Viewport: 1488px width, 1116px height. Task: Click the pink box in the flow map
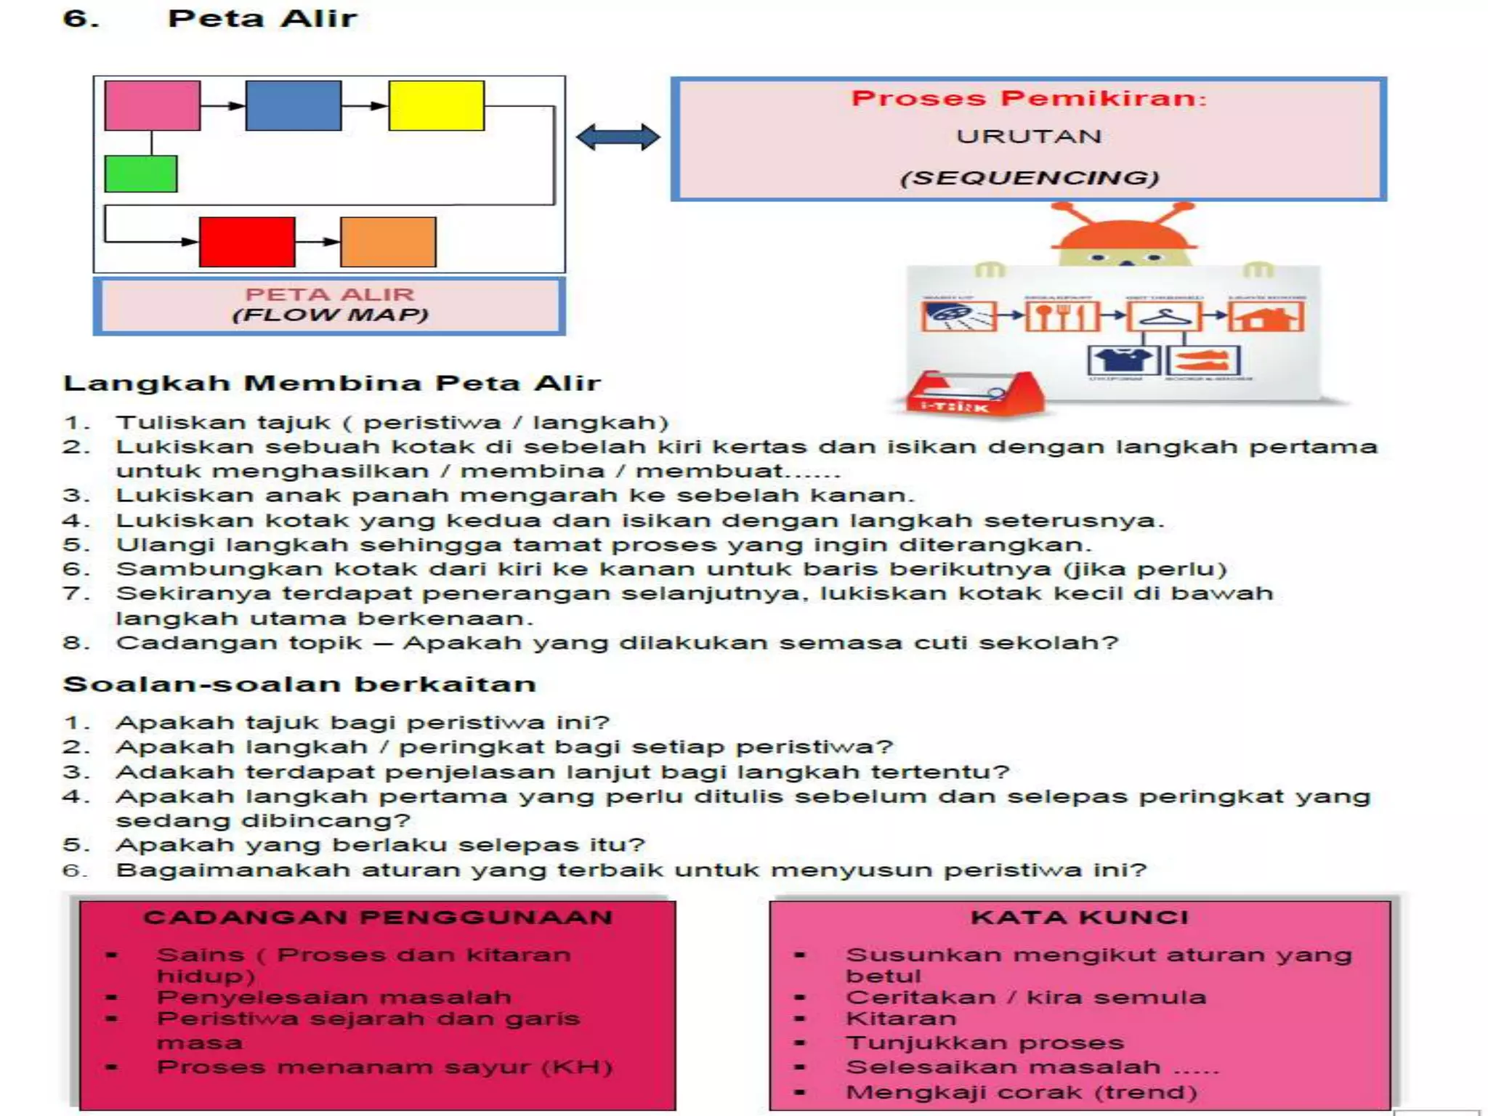(152, 106)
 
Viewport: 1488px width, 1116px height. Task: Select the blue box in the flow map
(293, 106)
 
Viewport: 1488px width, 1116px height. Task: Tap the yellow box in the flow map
(436, 106)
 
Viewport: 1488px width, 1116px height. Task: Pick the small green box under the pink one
(140, 174)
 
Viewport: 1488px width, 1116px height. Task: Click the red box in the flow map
(247, 242)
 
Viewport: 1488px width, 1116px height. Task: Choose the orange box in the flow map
(388, 242)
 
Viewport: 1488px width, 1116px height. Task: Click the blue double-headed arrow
(618, 137)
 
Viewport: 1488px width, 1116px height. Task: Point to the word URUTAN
(1029, 137)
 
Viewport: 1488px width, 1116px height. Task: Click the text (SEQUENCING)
(1029, 178)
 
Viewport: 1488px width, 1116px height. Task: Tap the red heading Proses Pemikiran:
(1029, 98)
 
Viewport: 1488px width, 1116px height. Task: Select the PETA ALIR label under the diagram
(329, 294)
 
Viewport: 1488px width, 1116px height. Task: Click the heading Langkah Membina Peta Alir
(332, 383)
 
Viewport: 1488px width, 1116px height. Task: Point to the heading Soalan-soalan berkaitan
(299, 684)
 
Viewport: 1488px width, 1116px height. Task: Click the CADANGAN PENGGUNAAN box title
(378, 918)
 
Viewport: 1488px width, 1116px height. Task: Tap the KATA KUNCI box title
(1080, 918)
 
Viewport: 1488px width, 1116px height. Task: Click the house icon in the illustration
(1266, 318)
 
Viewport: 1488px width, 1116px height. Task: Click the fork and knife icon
(1061, 318)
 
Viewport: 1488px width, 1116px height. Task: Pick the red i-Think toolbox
(974, 396)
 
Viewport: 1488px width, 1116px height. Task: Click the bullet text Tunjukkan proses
(984, 1043)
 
